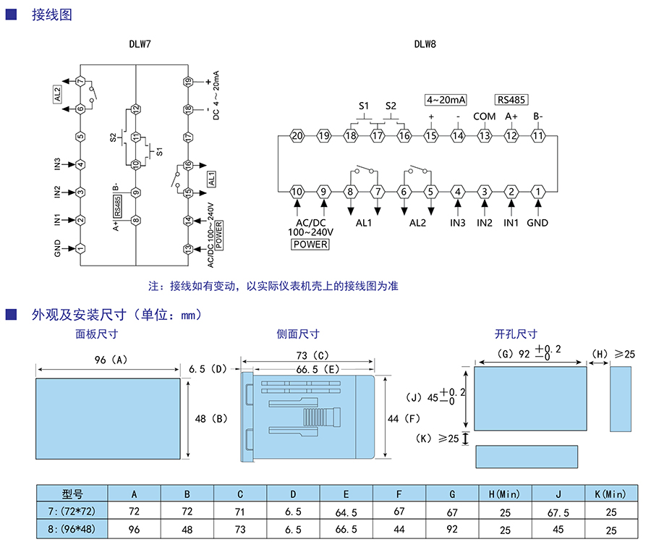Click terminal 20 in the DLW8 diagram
297,135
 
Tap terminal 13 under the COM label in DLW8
484,135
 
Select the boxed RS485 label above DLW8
511,100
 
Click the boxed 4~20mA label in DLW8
446,99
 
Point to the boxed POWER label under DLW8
310,244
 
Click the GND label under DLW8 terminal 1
537,223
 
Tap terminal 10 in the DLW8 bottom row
297,192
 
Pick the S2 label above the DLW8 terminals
391,106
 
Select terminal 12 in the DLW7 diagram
135,109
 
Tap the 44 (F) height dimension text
404,418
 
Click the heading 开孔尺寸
516,334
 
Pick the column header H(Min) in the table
504,494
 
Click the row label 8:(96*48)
72,529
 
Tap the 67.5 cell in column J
558,512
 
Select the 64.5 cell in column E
346,512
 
